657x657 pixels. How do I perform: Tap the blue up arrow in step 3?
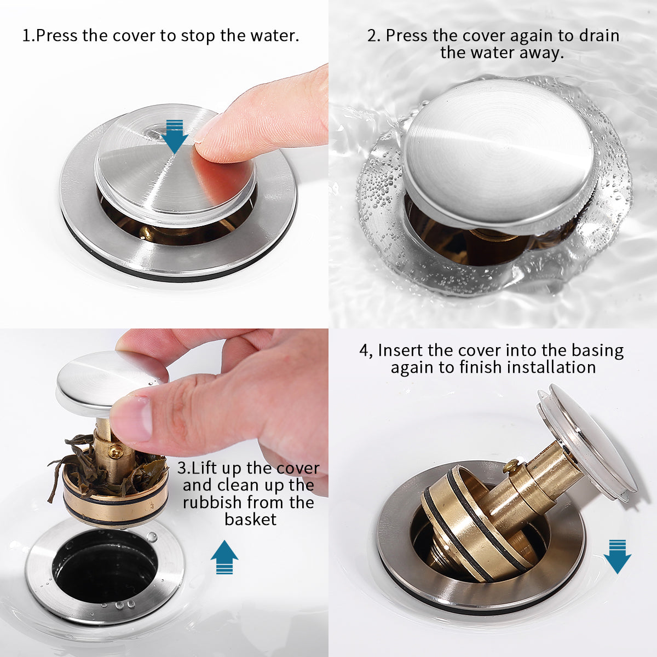pos(224,557)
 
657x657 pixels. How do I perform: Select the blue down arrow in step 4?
pos(618,557)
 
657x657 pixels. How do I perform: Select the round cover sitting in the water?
pos(498,155)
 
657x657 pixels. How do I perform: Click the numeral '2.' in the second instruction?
pos(374,36)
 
